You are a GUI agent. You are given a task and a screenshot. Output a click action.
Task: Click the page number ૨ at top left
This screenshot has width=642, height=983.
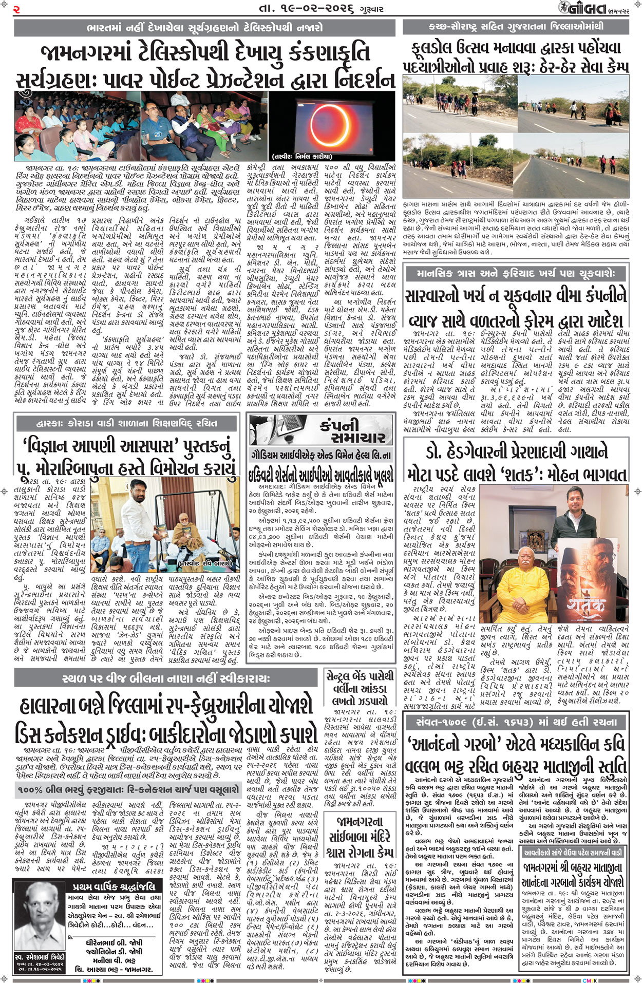tap(17, 9)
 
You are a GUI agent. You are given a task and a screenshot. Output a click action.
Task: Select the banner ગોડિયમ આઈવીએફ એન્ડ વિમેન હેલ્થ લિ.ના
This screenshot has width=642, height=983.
tap(321, 455)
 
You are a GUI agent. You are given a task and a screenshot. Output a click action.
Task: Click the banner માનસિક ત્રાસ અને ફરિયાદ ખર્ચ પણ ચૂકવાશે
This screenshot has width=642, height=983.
tap(516, 274)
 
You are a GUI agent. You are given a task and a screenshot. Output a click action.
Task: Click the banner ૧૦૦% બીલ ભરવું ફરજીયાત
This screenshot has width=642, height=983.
tap(128, 789)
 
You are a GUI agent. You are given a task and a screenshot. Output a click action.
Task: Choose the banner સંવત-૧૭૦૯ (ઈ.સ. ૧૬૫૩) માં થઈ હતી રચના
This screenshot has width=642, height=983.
tap(516, 722)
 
